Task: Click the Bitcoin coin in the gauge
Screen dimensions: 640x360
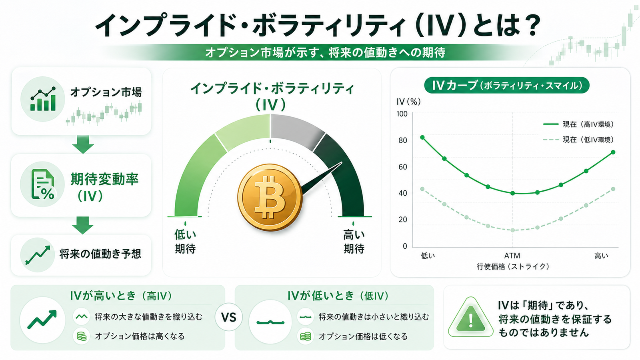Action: click(270, 198)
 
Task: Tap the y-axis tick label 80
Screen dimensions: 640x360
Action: click(402, 140)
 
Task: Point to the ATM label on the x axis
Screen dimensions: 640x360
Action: click(512, 256)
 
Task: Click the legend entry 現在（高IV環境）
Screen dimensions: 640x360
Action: click(578, 124)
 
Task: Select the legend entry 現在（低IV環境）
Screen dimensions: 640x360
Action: click(578, 140)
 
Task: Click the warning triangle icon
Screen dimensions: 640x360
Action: click(470, 318)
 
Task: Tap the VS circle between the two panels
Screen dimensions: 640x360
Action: click(228, 317)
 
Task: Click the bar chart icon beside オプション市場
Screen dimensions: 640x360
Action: click(43, 99)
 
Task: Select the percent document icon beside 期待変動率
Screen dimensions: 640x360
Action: click(42, 184)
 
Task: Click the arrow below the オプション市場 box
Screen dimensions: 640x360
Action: click(83, 144)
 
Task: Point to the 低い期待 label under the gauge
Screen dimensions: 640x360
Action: click(185, 242)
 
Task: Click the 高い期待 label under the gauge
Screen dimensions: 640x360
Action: click(354, 242)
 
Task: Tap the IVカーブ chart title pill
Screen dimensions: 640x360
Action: click(506, 85)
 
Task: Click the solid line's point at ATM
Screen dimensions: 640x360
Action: click(512, 193)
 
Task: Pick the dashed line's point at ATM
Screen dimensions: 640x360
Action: click(512, 230)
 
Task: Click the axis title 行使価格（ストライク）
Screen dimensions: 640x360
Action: click(513, 266)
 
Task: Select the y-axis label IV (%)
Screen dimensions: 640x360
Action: click(408, 102)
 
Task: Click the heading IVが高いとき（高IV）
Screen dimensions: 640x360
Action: click(121, 296)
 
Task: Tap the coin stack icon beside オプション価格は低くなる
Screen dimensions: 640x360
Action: click(306, 336)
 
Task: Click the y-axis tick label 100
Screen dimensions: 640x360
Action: click(402, 114)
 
